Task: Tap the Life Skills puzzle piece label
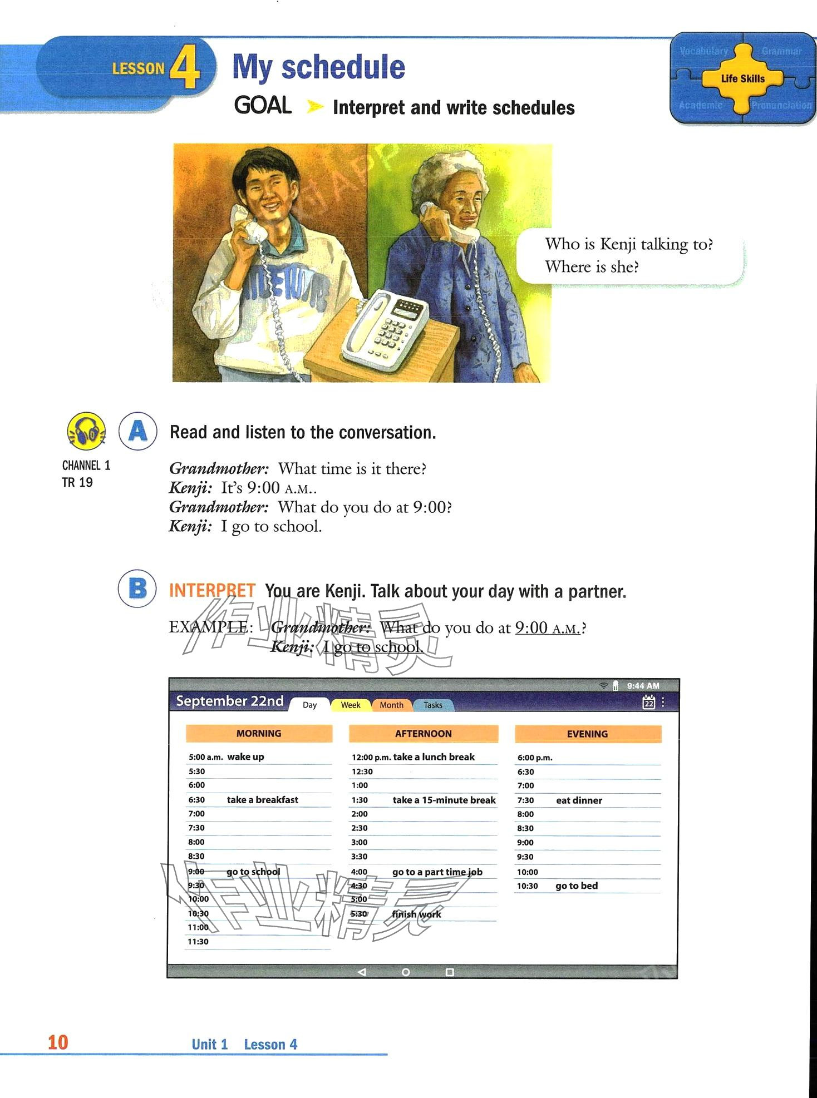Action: click(x=742, y=78)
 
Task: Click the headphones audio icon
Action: click(x=86, y=431)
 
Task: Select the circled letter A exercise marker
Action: click(x=137, y=431)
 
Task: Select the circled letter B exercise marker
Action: click(x=137, y=588)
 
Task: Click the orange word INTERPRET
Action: click(x=212, y=590)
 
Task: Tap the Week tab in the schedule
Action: click(x=350, y=705)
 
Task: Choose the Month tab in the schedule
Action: click(x=391, y=705)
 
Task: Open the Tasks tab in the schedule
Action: click(x=432, y=705)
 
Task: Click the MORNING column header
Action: click(x=259, y=733)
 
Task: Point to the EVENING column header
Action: click(x=587, y=734)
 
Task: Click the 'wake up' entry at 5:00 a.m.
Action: click(x=245, y=756)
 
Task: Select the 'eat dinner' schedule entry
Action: click(x=579, y=800)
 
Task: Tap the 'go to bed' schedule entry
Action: click(x=577, y=886)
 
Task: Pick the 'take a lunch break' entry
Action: click(x=434, y=756)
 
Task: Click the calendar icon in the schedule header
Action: click(x=648, y=702)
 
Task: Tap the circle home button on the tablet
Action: click(x=406, y=972)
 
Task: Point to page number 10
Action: click(x=58, y=1042)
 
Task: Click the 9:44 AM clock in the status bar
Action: click(x=643, y=686)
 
